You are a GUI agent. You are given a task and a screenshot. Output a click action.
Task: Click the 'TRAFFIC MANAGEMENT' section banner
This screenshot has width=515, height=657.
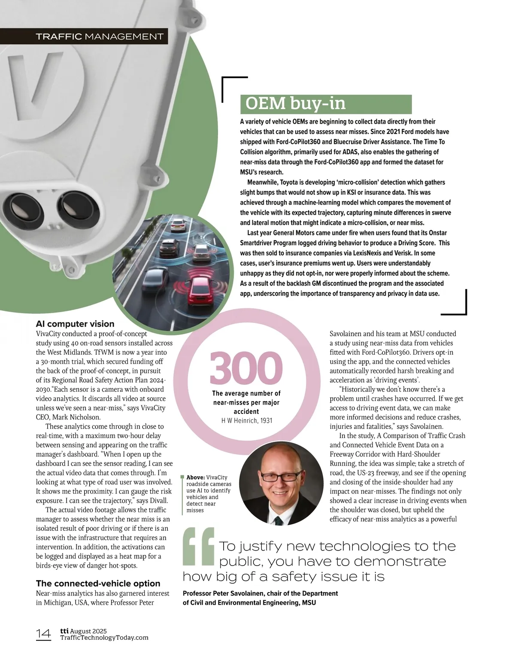(x=100, y=36)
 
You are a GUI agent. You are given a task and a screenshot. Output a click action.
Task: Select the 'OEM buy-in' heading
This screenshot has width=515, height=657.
(x=295, y=104)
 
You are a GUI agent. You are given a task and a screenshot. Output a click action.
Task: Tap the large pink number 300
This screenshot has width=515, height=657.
(x=246, y=368)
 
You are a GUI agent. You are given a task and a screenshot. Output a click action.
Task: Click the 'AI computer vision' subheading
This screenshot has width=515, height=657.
(x=75, y=324)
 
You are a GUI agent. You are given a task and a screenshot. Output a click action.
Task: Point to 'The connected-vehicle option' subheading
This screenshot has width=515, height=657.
(x=98, y=583)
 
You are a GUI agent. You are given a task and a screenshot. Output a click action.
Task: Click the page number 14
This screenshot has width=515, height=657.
(x=43, y=634)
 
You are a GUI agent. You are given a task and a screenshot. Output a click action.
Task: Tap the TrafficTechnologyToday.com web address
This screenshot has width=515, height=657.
(x=104, y=638)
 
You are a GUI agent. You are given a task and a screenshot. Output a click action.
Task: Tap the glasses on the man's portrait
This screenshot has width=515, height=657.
(x=281, y=476)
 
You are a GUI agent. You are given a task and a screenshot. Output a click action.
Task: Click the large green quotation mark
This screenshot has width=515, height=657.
(x=198, y=546)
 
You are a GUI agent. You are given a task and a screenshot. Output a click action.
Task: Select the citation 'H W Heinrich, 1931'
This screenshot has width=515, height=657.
(x=246, y=420)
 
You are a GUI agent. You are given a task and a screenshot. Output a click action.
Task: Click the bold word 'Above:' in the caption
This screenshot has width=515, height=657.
(x=196, y=478)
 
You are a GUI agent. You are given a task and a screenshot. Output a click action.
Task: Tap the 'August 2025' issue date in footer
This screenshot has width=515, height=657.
(x=88, y=631)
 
